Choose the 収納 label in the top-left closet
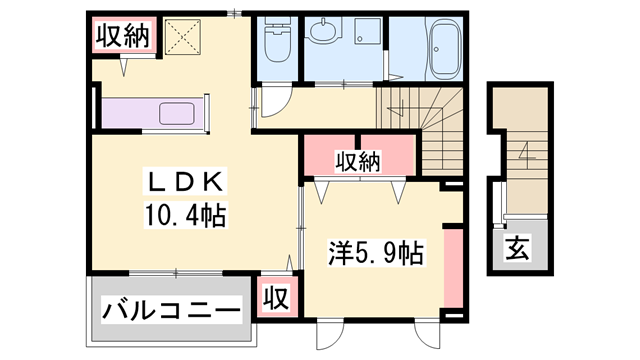coord(122,36)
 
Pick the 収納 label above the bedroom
coord(357,160)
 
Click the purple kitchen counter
coord(150,113)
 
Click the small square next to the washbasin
coord(365,34)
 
